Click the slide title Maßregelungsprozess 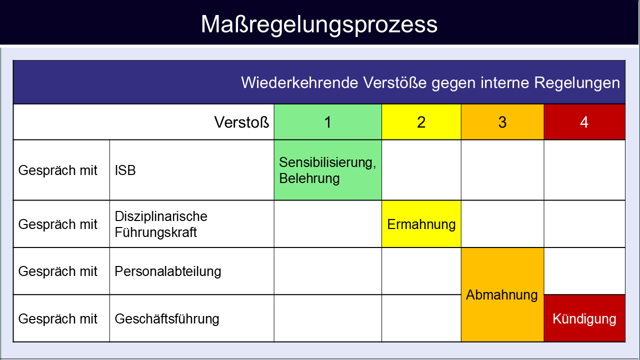pyautogui.click(x=319, y=25)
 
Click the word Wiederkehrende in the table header pyautogui.click(x=299, y=83)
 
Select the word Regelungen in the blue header pyautogui.click(x=577, y=83)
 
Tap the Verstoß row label pyautogui.click(x=241, y=122)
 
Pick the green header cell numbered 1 pyautogui.click(x=327, y=122)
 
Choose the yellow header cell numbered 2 pyautogui.click(x=421, y=122)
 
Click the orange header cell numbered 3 pyautogui.click(x=502, y=122)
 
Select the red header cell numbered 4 pyautogui.click(x=584, y=122)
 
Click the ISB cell pyautogui.click(x=191, y=170)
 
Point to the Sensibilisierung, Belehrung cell pyautogui.click(x=327, y=170)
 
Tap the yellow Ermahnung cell pyautogui.click(x=421, y=224)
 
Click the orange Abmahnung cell pyautogui.click(x=502, y=295)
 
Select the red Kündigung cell pyautogui.click(x=584, y=318)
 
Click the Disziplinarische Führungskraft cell pyautogui.click(x=191, y=224)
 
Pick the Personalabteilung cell pyautogui.click(x=191, y=271)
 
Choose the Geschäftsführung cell pyautogui.click(x=191, y=318)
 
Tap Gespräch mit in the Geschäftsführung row pyautogui.click(x=57, y=319)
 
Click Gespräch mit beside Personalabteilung pyautogui.click(x=57, y=271)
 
